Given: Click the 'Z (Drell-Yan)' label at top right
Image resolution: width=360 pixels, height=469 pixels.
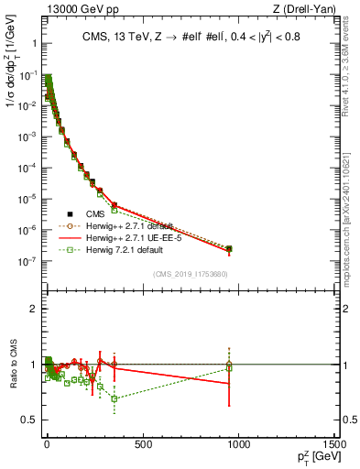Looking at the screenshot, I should click(x=307, y=9).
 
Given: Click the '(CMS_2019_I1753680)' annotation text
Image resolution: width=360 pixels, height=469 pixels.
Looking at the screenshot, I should click(x=190, y=273).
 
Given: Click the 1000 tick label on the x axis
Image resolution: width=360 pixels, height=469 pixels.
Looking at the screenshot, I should click(x=239, y=445).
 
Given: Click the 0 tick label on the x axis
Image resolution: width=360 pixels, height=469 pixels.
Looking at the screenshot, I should click(x=46, y=445).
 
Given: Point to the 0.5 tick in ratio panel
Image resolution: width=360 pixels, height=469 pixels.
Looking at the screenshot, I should click(x=30, y=420).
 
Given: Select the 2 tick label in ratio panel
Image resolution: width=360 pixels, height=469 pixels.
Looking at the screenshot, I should click(x=34, y=309).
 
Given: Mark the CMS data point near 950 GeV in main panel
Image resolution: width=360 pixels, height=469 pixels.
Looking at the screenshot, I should click(x=229, y=248).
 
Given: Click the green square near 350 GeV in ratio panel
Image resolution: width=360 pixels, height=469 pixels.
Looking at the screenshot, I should click(x=114, y=398).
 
